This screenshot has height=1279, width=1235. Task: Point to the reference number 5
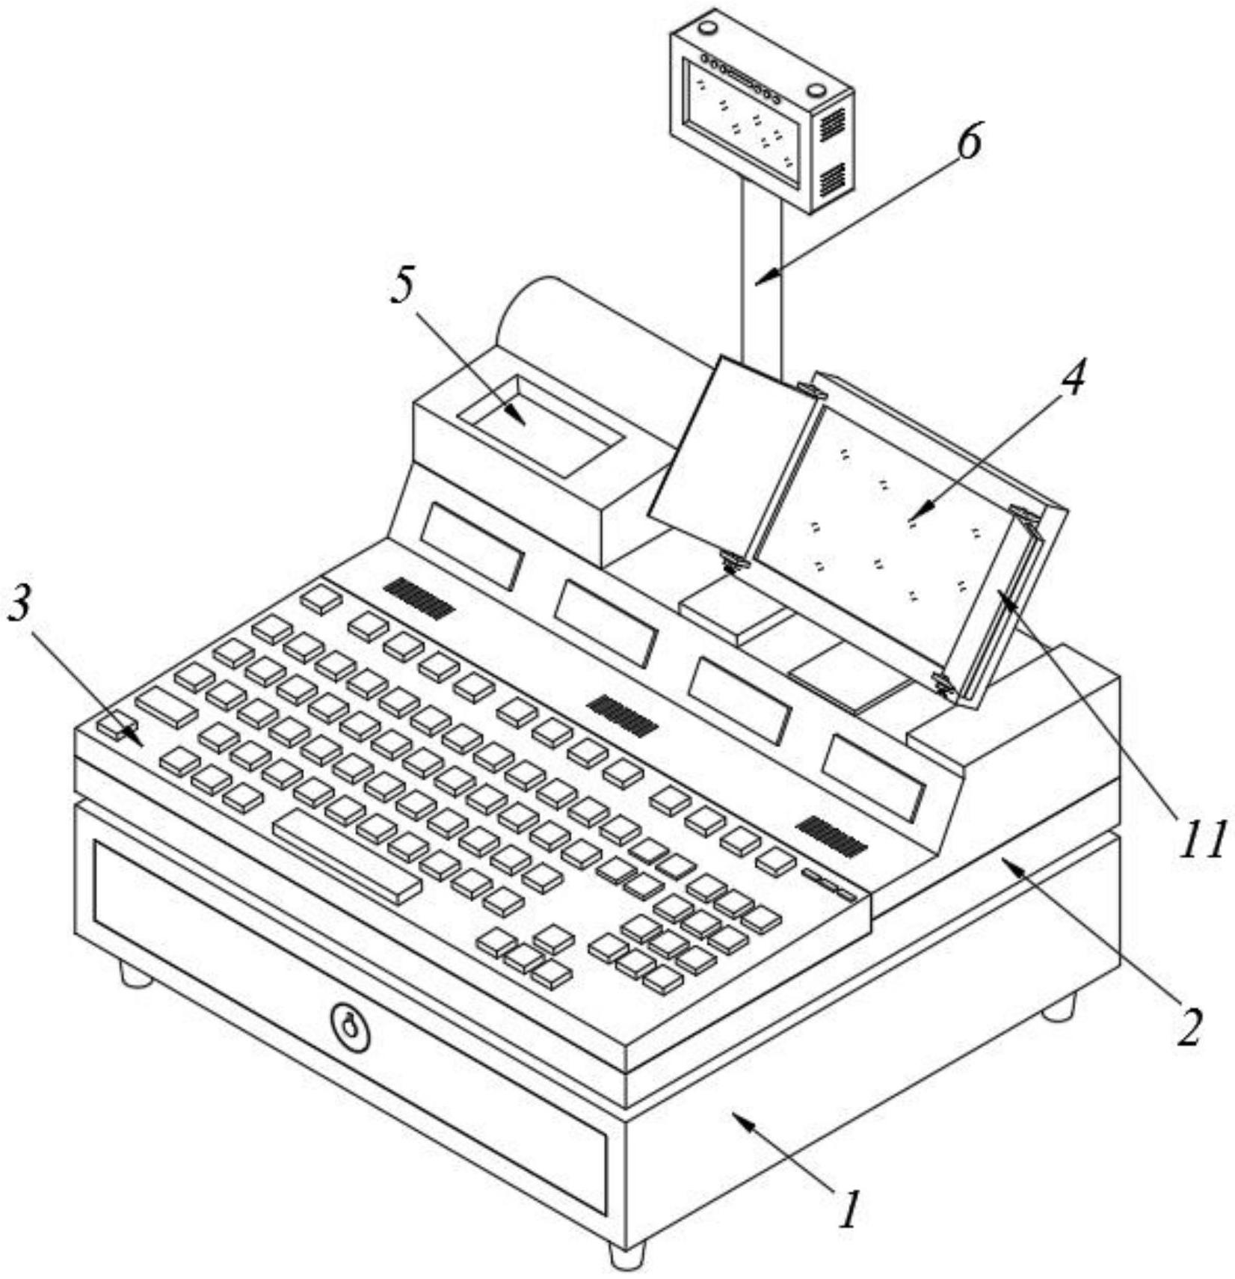404,286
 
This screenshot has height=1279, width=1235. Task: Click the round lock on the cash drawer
349,1026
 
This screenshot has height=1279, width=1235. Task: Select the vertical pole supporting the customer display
762,277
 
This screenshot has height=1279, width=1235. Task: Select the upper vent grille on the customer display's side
832,124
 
